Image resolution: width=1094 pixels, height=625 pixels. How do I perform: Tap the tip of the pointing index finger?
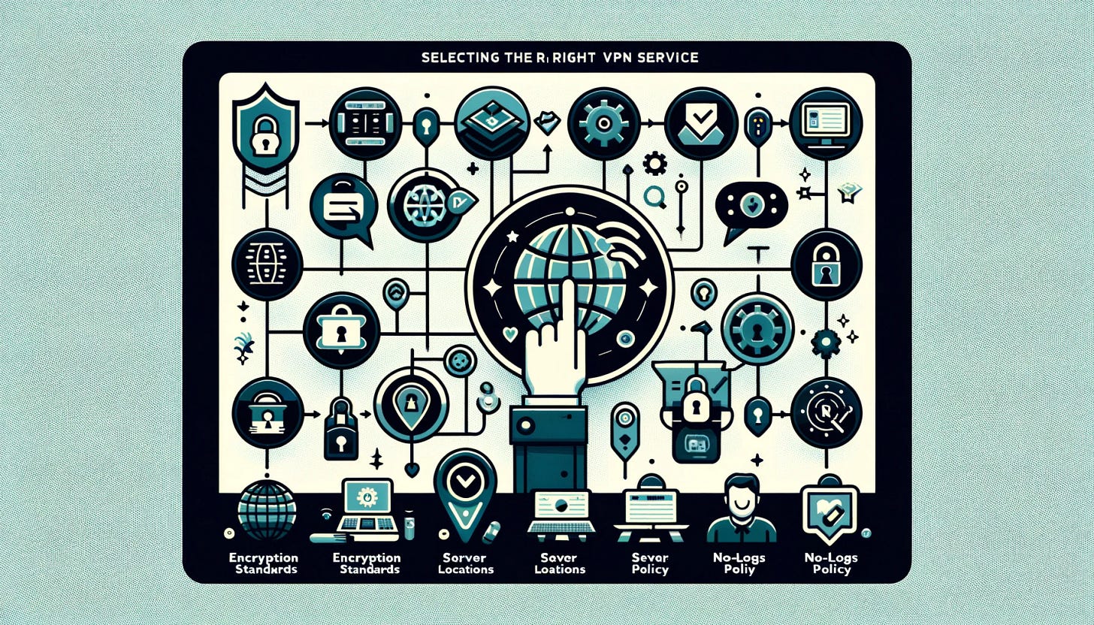click(x=572, y=286)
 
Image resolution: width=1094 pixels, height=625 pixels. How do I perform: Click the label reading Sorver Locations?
click(x=464, y=563)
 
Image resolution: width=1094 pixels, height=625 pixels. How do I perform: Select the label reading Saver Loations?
click(x=559, y=563)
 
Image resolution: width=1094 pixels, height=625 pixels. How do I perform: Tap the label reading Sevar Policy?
click(x=651, y=563)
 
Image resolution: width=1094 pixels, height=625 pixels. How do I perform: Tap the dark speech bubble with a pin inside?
click(x=751, y=202)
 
